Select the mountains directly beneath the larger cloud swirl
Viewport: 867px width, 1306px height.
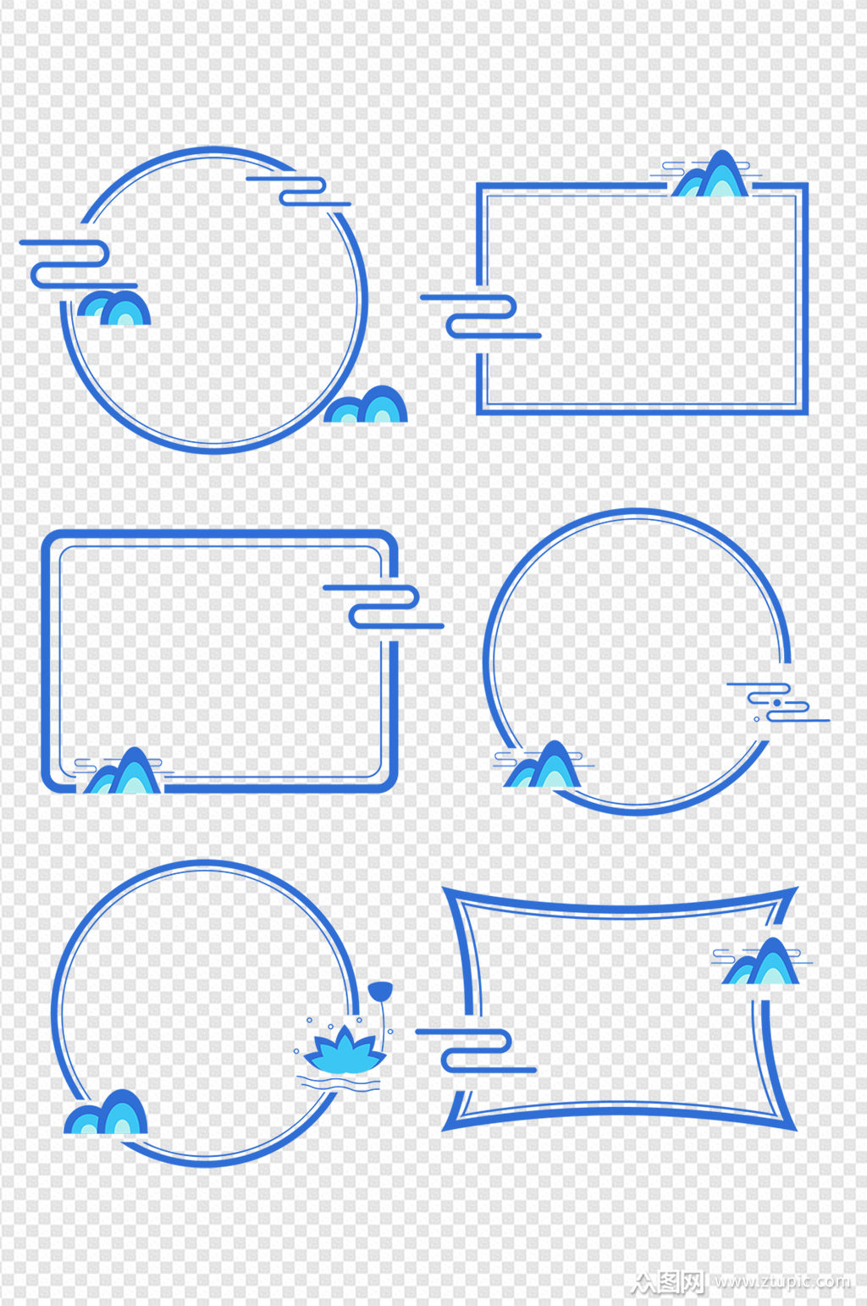coord(113,307)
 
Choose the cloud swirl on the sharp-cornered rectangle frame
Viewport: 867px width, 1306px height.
coord(481,316)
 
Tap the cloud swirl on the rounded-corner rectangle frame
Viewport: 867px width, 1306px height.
coord(384,606)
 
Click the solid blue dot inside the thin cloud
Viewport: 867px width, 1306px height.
coord(776,703)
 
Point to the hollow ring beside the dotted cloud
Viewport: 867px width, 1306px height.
coord(757,719)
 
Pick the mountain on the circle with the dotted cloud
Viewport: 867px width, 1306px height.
coord(543,764)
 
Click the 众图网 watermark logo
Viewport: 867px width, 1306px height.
coord(668,1281)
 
